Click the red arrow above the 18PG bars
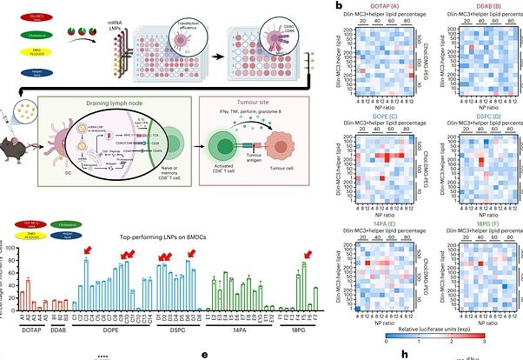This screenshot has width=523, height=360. (x=306, y=255)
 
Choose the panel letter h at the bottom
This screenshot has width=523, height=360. (x=405, y=354)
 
